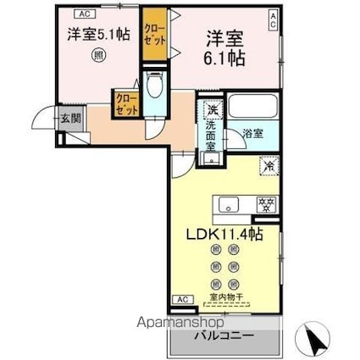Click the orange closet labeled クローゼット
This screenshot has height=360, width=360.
pos(154,35)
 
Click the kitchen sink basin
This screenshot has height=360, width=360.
pos(228,204)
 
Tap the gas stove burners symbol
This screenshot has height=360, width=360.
pos(265,204)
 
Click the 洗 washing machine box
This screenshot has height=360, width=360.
pos(211,110)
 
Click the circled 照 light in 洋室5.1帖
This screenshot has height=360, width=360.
pos(99,58)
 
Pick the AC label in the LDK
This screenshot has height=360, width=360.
pos(181,299)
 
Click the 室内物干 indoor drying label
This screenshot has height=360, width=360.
pos(227,296)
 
